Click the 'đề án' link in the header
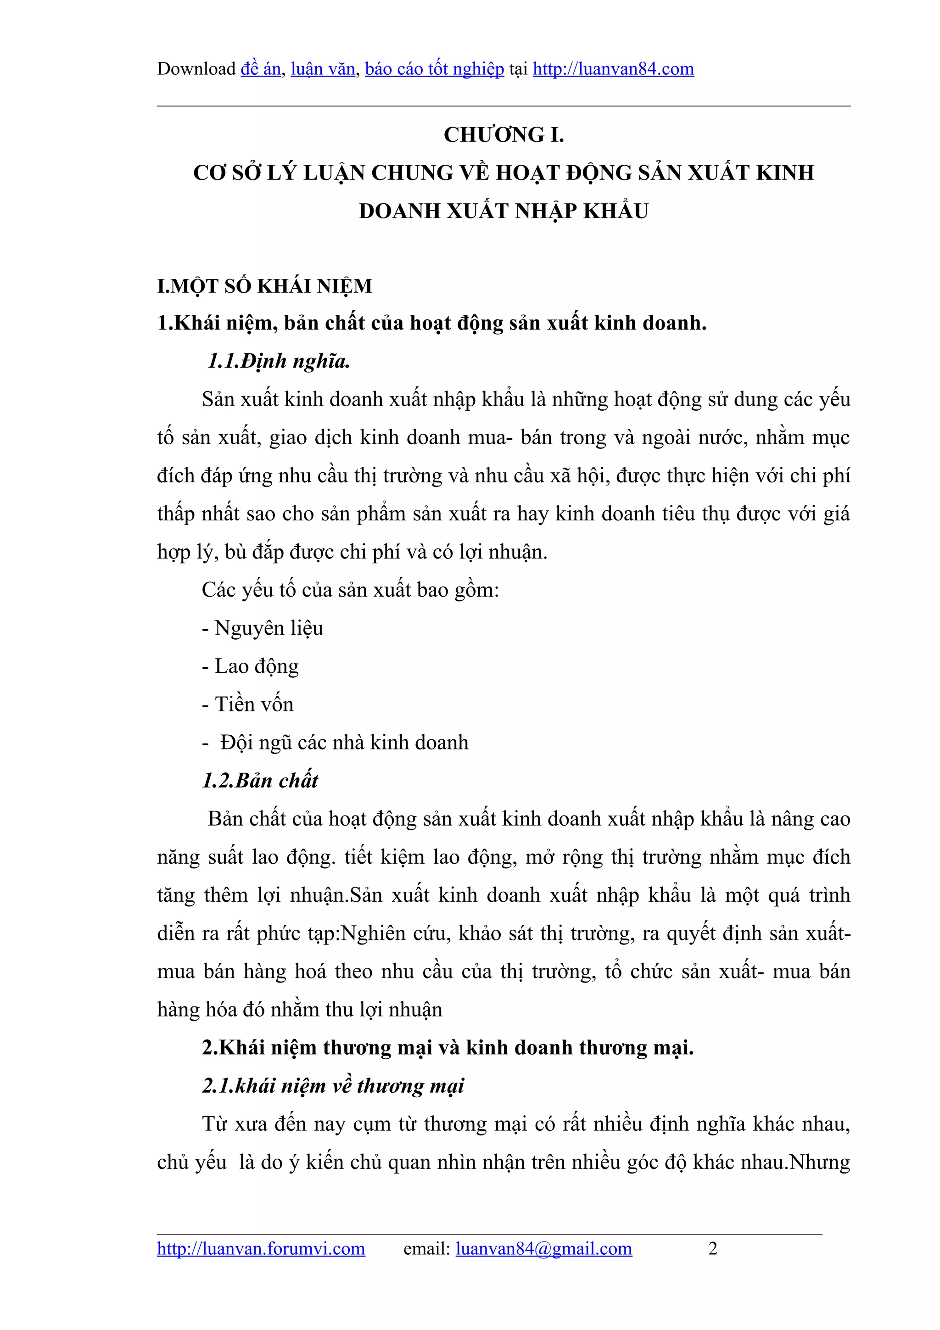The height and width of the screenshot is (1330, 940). [261, 69]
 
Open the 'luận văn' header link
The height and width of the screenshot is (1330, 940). [323, 69]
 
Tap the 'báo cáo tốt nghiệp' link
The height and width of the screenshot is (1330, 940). [434, 69]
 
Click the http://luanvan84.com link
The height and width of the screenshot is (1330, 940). [613, 69]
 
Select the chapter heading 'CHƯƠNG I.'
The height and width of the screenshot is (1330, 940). [504, 135]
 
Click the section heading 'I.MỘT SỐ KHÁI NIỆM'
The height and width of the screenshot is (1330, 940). [265, 286]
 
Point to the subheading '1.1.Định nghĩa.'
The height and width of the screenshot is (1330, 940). [279, 362]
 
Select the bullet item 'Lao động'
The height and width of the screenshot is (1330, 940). [257, 666]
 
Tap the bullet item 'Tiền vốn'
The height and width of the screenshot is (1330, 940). [254, 704]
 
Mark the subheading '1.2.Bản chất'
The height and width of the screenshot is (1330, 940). [260, 781]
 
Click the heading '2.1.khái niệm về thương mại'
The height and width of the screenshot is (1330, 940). [333, 1086]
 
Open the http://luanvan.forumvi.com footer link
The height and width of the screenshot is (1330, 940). [261, 1248]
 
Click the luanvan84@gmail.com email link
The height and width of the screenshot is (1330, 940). [543, 1248]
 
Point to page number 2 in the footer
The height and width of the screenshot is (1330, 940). [712, 1248]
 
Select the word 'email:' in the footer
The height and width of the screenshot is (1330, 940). [426, 1248]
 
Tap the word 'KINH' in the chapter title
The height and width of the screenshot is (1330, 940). [785, 173]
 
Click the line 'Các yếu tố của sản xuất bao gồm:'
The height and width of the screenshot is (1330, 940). [350, 590]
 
